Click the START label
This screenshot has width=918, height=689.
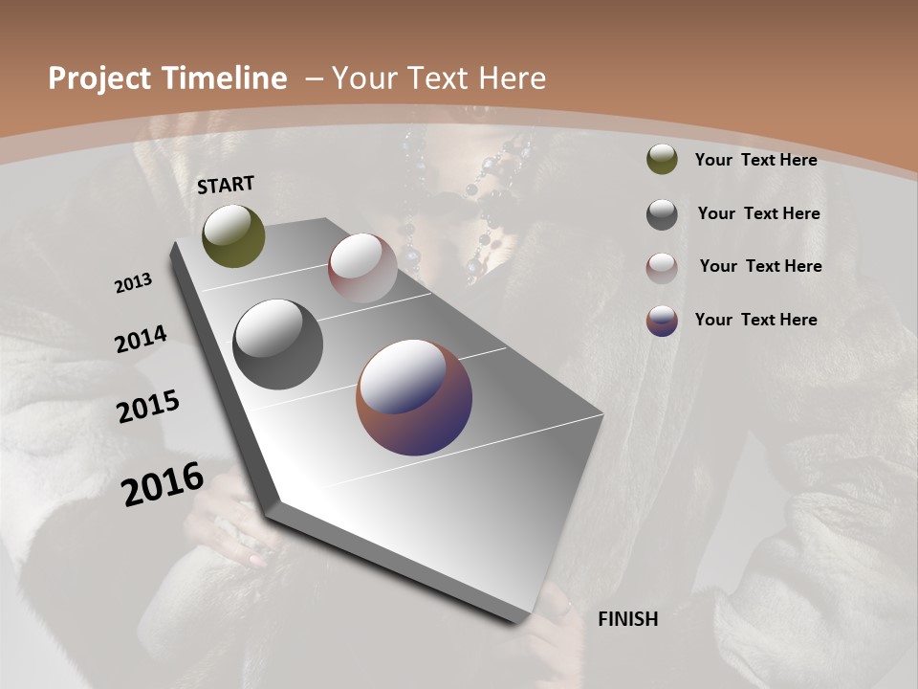click(226, 185)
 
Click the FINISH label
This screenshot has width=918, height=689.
click(627, 619)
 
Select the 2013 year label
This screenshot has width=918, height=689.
click(133, 283)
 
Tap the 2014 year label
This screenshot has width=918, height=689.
click(141, 339)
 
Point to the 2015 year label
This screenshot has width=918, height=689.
click(148, 407)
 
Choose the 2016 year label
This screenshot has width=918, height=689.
click(163, 483)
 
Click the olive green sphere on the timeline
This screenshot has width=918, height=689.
click(233, 235)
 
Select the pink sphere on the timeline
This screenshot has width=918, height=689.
click(362, 267)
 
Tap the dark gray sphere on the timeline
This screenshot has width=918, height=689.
click(277, 344)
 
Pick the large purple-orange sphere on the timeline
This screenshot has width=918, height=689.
click(414, 397)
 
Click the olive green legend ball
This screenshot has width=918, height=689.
click(662, 159)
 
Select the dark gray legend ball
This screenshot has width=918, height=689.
click(662, 214)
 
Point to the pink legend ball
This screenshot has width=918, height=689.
click(662, 267)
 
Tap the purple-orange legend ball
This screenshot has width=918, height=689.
click(662, 321)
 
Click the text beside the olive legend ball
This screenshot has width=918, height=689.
click(755, 160)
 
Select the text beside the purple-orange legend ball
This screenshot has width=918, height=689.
click(755, 320)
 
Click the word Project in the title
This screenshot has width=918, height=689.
click(99, 78)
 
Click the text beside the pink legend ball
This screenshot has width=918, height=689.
click(760, 266)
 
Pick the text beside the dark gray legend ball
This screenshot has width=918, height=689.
click(758, 213)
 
